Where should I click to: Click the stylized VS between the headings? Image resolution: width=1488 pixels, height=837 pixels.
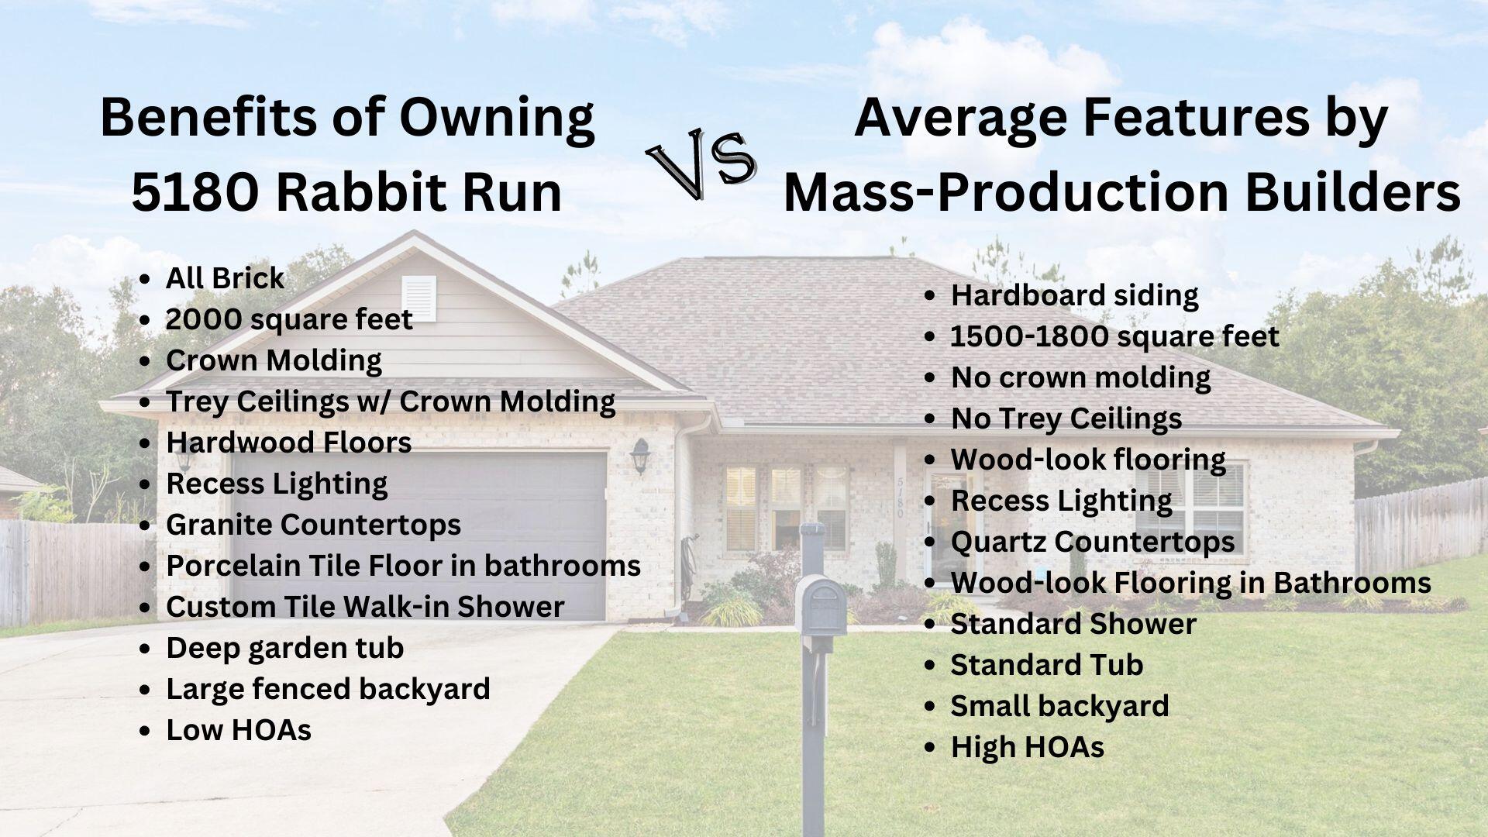[701, 164]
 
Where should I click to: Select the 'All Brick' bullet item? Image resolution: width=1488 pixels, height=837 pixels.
[225, 278]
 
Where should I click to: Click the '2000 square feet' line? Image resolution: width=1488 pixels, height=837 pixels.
[289, 319]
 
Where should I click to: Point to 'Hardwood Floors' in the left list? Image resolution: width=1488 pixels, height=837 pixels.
[288, 443]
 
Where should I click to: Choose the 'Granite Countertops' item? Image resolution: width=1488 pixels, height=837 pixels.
[313, 525]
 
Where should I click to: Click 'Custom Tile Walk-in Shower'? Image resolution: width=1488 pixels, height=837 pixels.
[365, 607]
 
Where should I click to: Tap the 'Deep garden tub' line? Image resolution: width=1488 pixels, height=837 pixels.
[284, 648]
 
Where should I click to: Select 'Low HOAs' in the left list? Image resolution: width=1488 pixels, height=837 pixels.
[239, 730]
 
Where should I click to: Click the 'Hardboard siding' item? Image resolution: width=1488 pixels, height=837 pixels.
[1074, 295]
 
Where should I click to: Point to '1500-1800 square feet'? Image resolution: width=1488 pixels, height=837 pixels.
[1114, 336]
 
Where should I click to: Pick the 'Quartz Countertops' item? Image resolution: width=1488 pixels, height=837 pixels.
[1093, 542]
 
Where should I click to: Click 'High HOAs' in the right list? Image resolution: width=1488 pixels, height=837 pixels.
[1028, 747]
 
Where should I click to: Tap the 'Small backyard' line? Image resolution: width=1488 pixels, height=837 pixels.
[1059, 706]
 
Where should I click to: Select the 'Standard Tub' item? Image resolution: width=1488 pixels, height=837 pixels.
[1047, 665]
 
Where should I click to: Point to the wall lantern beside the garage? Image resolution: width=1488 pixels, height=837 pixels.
[639, 456]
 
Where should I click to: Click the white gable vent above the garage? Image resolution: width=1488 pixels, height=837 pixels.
[418, 298]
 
